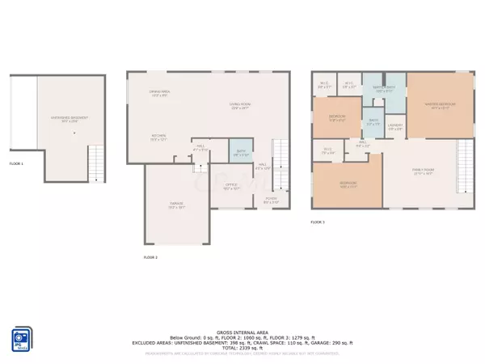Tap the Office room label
point(230,191)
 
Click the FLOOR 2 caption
point(150,256)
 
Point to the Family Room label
point(424,172)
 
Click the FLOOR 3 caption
point(318,222)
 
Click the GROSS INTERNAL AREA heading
point(242,332)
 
